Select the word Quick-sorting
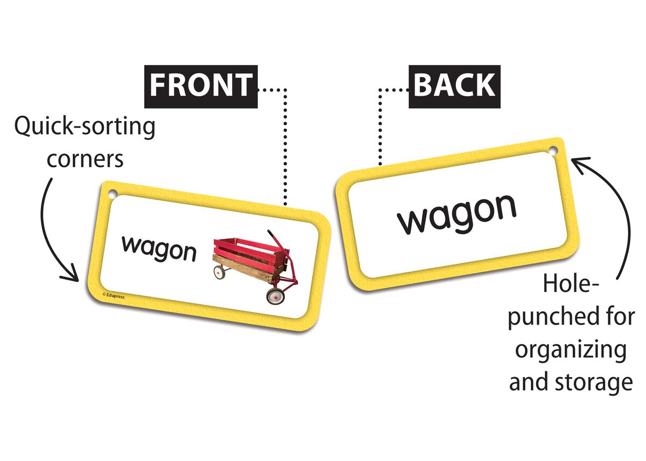(85, 128)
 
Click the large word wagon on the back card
(457, 214)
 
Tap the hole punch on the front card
(113, 194)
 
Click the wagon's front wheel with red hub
(275, 295)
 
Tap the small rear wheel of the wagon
(219, 273)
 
